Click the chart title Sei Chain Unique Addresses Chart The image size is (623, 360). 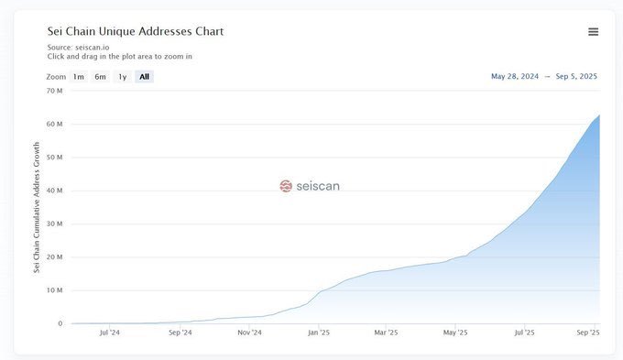(x=136, y=31)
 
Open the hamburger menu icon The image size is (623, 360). (x=593, y=32)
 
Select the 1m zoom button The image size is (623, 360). (x=79, y=77)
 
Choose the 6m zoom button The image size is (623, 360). (x=100, y=77)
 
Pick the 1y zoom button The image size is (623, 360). (x=122, y=77)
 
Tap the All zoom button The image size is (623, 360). (x=144, y=77)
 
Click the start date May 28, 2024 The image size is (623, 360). (x=517, y=77)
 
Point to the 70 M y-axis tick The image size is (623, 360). (x=54, y=91)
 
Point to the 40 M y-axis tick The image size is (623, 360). (x=54, y=191)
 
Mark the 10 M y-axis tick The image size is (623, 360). (x=54, y=290)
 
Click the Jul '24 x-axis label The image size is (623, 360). (x=109, y=333)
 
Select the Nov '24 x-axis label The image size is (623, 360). (x=250, y=333)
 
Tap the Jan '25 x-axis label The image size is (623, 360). (x=319, y=333)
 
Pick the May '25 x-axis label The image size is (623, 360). (x=455, y=333)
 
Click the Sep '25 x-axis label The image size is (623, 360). (x=587, y=333)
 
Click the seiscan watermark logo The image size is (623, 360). (x=310, y=186)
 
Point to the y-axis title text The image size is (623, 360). (x=38, y=207)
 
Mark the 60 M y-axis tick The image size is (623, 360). (x=54, y=124)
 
